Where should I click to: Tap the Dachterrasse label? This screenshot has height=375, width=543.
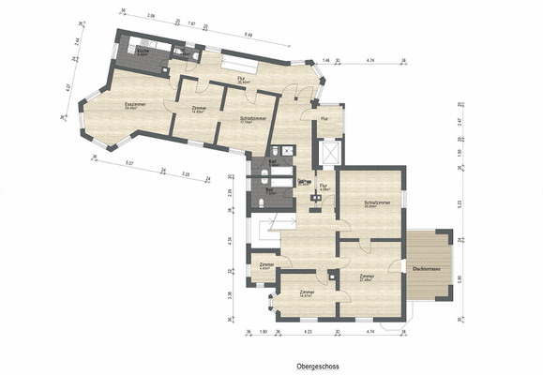428,268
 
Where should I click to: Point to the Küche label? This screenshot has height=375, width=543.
143,52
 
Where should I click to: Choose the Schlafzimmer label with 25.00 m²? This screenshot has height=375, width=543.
364,203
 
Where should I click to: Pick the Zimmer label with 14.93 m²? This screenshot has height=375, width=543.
198,109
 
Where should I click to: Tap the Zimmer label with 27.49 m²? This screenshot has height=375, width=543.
367,277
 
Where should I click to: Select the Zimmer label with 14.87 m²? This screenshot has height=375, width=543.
307,293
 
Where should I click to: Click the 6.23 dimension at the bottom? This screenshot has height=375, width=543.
308,332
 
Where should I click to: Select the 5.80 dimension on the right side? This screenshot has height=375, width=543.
459,278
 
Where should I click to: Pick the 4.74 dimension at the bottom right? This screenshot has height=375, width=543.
370,332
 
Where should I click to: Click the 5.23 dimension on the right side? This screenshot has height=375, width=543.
459,202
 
